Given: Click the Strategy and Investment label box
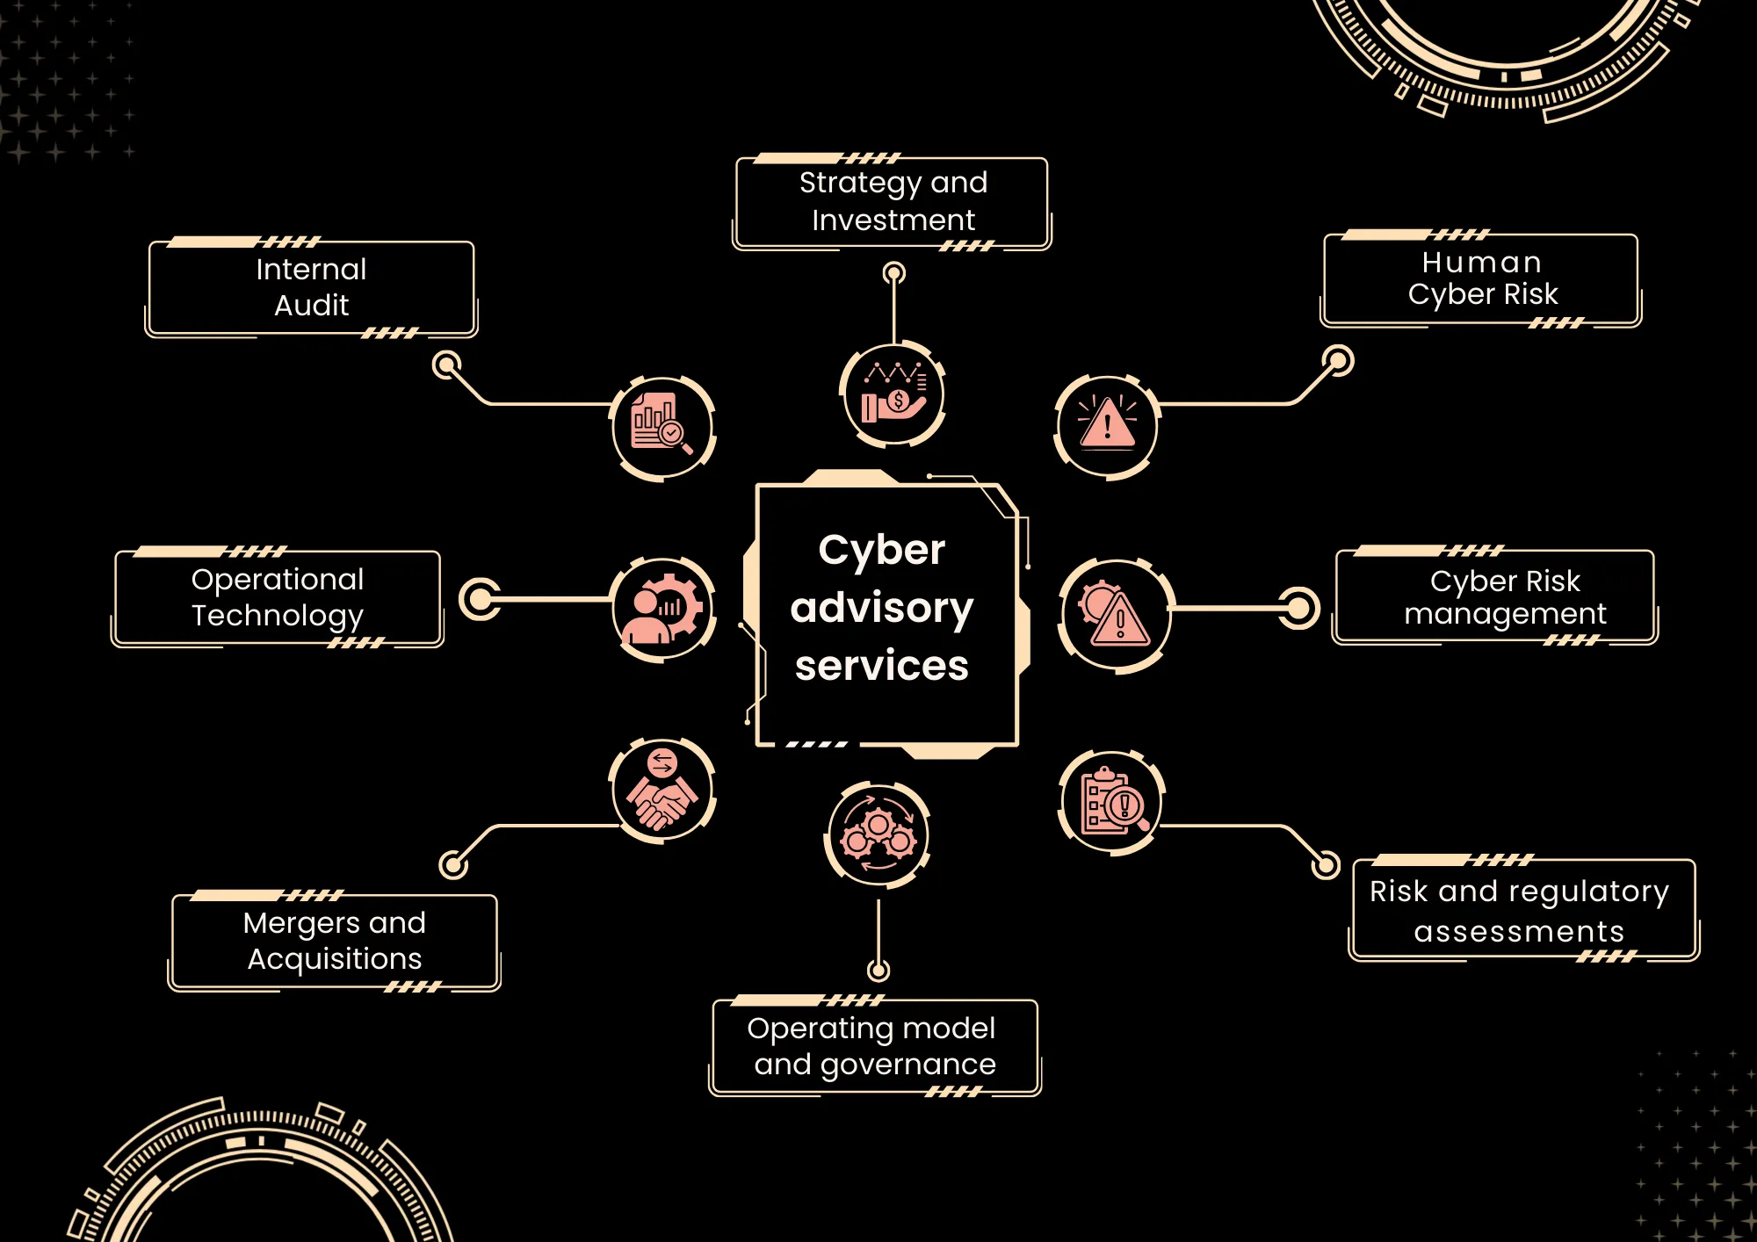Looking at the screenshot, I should point(893,202).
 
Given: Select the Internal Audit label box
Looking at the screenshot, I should point(311,287).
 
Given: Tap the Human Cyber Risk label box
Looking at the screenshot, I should point(1481,278).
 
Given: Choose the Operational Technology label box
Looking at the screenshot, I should point(278,597).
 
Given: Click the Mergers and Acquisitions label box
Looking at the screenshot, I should point(335,941).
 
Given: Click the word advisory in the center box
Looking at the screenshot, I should point(882,608).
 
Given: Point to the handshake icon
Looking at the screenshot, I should point(662,790).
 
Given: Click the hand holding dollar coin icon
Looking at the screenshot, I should point(893,394).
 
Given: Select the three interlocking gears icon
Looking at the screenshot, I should point(878,835).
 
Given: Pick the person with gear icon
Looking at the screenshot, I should point(664,610).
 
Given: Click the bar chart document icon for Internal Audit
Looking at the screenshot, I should point(662,427).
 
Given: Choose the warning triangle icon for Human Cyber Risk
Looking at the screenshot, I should point(1107,427).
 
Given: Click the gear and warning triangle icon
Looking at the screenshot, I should point(1115,615).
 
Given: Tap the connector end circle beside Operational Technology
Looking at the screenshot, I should point(480,599).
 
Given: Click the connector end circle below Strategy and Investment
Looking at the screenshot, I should point(893,273).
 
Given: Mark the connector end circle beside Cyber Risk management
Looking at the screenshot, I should point(1298,608).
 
